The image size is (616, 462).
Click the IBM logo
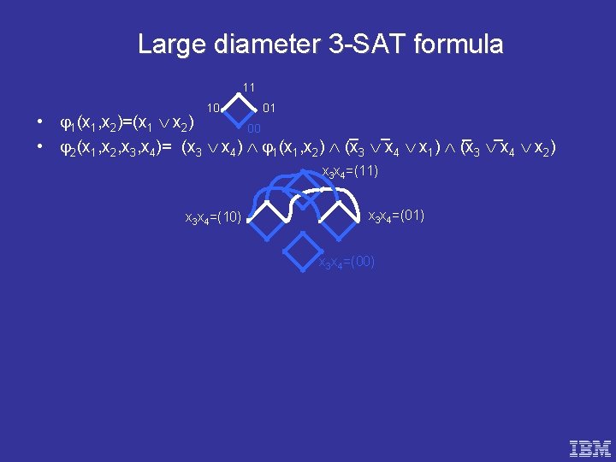point(591,447)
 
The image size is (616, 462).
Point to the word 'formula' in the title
point(458,44)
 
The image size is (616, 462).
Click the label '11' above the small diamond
point(248,87)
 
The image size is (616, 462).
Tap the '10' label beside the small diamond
point(216,108)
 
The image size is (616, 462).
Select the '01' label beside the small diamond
point(269,108)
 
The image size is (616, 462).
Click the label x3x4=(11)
point(349,173)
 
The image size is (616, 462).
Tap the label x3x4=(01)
point(396,215)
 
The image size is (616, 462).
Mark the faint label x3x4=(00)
point(346,262)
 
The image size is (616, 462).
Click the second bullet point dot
point(41,149)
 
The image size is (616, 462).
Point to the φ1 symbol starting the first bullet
point(66,125)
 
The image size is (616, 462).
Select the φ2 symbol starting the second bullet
point(66,150)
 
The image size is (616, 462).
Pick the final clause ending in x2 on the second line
point(508,149)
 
